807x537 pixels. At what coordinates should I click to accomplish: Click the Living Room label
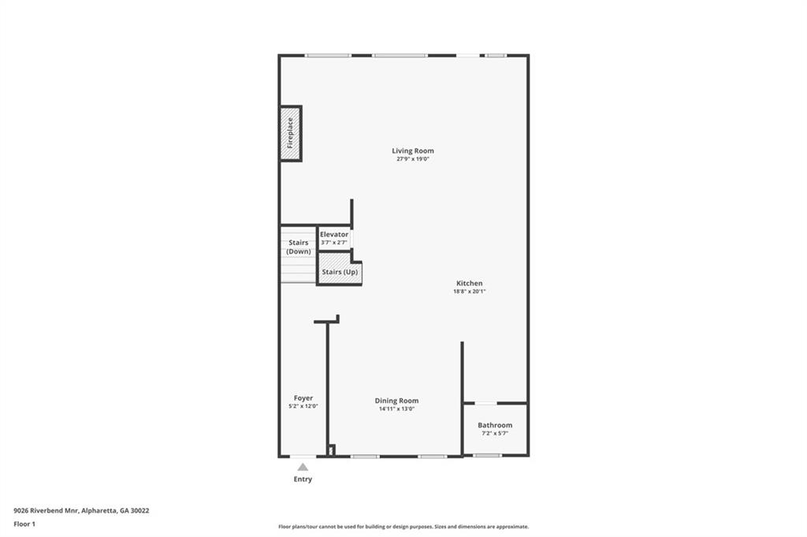(x=413, y=151)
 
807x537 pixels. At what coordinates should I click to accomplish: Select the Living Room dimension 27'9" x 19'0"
(x=413, y=159)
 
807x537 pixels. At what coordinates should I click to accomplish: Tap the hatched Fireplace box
(x=290, y=133)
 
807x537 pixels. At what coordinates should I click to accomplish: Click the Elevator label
(x=334, y=235)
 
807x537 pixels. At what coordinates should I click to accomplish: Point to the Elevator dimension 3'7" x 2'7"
(x=334, y=243)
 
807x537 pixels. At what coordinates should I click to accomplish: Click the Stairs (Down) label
(x=299, y=247)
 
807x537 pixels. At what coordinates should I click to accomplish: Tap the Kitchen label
(x=469, y=283)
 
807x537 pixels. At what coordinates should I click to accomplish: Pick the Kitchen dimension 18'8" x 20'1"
(x=469, y=291)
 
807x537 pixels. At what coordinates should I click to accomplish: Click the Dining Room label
(x=396, y=401)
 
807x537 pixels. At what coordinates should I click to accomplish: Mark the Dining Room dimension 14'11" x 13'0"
(x=396, y=409)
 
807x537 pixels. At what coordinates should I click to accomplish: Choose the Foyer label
(x=303, y=398)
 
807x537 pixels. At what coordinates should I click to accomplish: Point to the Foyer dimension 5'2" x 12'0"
(x=303, y=406)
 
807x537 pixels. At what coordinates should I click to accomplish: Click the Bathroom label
(x=495, y=425)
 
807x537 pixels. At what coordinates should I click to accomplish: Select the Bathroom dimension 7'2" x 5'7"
(x=495, y=433)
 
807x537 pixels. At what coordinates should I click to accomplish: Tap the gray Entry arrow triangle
(x=303, y=467)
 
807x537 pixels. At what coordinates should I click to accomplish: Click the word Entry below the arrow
(x=303, y=479)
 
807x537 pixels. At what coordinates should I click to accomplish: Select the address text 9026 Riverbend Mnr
(x=44, y=510)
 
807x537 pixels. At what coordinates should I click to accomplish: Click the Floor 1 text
(x=25, y=523)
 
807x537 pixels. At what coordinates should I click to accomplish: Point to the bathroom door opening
(x=485, y=404)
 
